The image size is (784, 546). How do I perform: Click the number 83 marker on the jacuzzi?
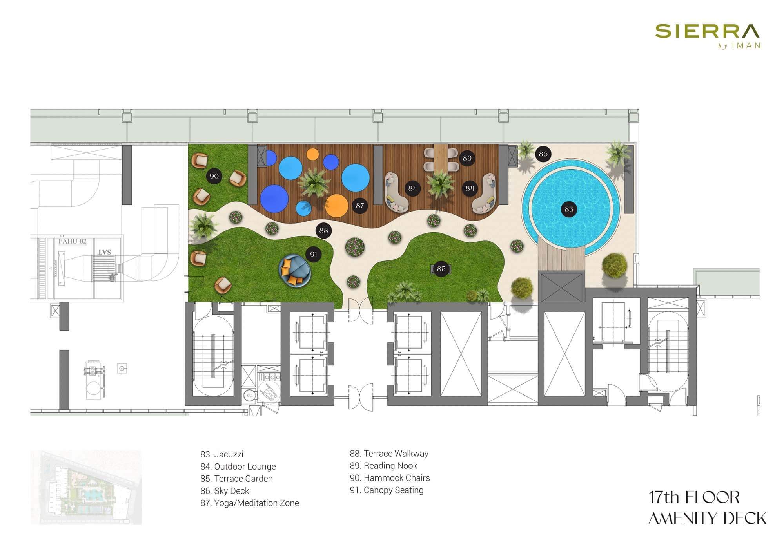pos(569,209)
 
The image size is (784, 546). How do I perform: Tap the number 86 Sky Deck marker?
pos(543,154)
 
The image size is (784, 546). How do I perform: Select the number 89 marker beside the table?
pos(467,158)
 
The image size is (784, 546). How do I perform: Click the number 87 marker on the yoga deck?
pos(359,206)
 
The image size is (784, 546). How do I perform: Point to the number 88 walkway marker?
pos(323,230)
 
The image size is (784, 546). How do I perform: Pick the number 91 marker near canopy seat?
pos(314,254)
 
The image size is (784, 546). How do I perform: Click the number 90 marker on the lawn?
pos(214,176)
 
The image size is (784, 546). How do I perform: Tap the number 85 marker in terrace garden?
pos(441,269)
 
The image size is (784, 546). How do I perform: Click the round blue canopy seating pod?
pos(295,270)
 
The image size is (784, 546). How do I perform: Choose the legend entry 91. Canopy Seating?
pos(387,490)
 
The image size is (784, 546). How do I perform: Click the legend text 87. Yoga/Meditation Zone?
pos(249,503)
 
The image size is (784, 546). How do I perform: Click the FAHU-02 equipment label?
pos(72,241)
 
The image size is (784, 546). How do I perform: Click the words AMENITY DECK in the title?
pos(707,519)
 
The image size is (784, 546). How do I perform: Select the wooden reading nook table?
pos(441,157)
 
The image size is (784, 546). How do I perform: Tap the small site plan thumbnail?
pos(86,488)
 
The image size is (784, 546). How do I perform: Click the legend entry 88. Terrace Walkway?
pos(389,454)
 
